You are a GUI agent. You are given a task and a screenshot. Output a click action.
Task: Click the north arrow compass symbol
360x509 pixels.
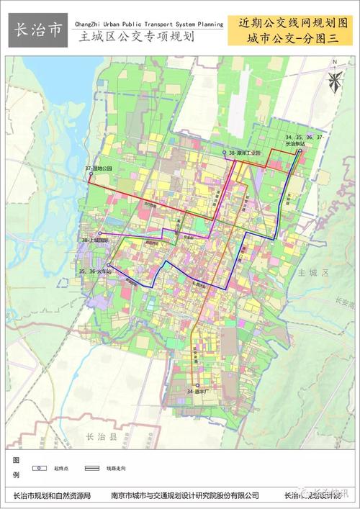point(334,79)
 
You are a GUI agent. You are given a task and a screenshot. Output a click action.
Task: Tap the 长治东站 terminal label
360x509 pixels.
point(296,144)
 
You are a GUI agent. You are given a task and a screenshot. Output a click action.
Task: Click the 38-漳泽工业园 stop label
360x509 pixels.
point(246,153)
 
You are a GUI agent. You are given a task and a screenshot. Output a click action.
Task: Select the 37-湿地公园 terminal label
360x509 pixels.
point(100,168)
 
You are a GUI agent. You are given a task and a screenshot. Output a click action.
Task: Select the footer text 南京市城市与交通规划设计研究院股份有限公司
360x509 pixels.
point(186,495)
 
